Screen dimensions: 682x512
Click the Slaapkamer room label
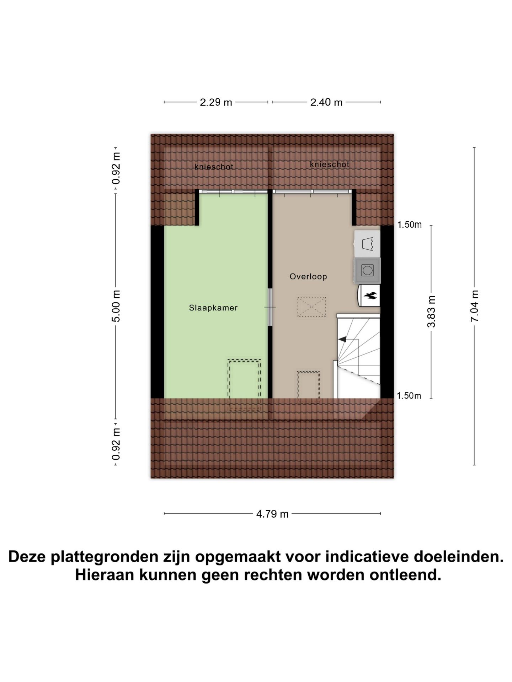click(x=213, y=308)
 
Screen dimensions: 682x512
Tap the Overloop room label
click(x=308, y=276)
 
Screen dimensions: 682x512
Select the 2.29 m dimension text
click(x=216, y=103)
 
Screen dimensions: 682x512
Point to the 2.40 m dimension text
click(x=326, y=103)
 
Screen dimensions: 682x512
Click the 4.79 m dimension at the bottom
click(x=272, y=514)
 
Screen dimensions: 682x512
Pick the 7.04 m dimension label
click(x=475, y=306)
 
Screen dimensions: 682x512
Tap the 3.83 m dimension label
click(x=432, y=312)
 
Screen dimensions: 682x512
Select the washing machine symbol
click(x=367, y=271)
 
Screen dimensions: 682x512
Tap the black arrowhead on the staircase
click(x=342, y=340)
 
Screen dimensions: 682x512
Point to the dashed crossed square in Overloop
click(x=311, y=307)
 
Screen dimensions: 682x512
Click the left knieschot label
click(x=214, y=167)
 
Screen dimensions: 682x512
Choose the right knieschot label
click(x=329, y=164)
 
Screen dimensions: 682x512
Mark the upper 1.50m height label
click(x=409, y=224)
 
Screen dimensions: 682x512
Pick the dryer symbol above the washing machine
click(x=367, y=244)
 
